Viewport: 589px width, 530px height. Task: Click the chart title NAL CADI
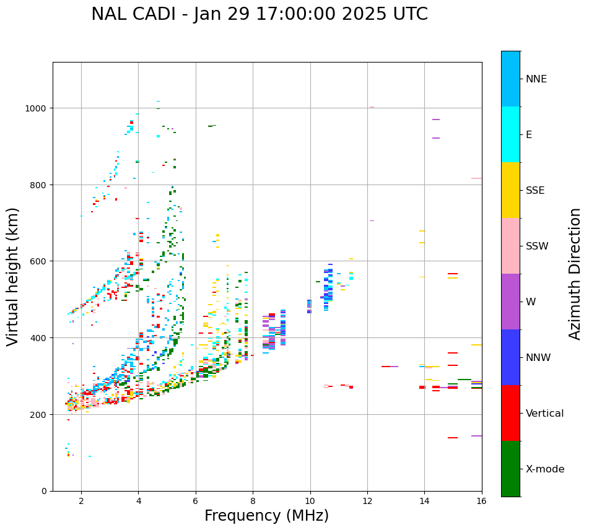[x=259, y=14]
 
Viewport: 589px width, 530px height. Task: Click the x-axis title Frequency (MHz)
[x=266, y=516]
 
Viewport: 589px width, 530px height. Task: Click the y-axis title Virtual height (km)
[x=14, y=277]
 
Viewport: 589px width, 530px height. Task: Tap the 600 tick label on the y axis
[x=40, y=261]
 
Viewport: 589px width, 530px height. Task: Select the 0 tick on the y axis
[x=44, y=491]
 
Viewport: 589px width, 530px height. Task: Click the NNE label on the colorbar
[x=536, y=79]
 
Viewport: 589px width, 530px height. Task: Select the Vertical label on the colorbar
[x=544, y=414]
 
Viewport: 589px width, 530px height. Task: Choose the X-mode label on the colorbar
[x=545, y=469]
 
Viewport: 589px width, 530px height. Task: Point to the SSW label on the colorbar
[x=537, y=246]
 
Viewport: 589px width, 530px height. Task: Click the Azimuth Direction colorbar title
[x=575, y=274]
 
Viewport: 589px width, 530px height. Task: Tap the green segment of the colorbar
[x=510, y=469]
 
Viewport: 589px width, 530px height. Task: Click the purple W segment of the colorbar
[x=510, y=302]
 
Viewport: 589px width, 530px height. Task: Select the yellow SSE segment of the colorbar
[x=510, y=190]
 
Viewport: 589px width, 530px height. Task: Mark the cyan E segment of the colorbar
[x=510, y=134]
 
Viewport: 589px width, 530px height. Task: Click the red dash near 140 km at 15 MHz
[x=453, y=438]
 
